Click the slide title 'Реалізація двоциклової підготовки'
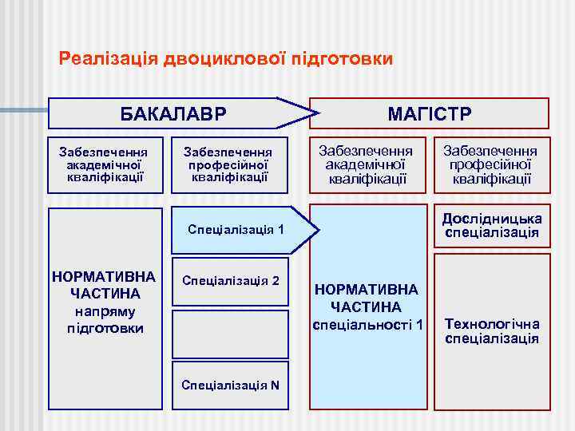(226, 59)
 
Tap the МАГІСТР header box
(430, 113)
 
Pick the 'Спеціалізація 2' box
(231, 281)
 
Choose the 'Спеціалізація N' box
(231, 385)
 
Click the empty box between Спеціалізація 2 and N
(231, 334)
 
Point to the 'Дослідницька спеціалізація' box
(492, 226)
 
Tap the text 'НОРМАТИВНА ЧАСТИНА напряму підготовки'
(105, 302)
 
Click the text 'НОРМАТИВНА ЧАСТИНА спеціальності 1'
(370, 307)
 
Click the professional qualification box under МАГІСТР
(491, 165)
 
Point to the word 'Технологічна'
(492, 324)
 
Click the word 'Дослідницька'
(492, 219)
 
